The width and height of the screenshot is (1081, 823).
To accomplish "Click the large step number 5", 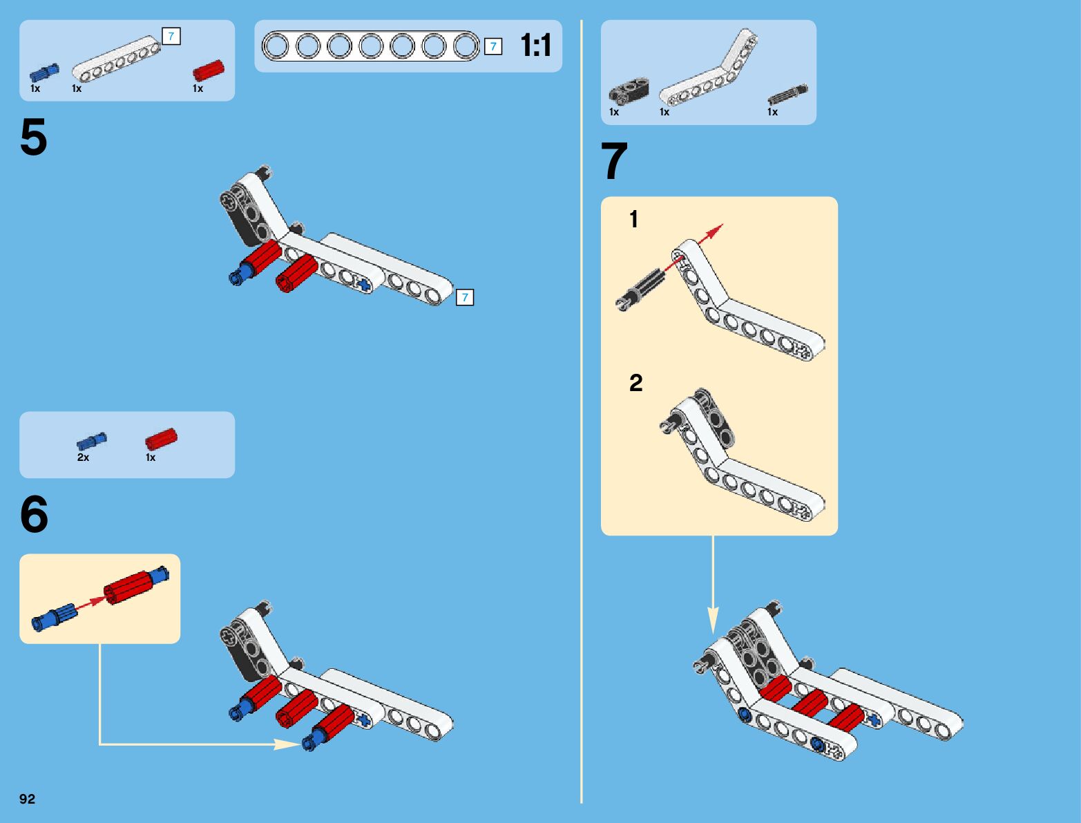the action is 34,138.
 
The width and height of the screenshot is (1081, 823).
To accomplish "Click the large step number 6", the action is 34,515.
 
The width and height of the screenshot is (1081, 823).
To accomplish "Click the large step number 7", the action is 614,161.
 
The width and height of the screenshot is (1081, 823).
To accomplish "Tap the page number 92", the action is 27,799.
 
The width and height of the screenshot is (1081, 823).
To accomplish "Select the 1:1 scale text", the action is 536,46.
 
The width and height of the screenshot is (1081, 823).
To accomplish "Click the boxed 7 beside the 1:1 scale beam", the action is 492,46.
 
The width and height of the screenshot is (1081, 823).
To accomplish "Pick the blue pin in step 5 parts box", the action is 44,73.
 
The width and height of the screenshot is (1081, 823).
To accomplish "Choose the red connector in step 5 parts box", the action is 208,70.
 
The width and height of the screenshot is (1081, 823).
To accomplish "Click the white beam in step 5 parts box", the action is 116,59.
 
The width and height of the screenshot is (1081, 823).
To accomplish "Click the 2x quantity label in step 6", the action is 83,457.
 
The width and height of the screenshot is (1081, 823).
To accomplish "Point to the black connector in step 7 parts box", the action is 629,91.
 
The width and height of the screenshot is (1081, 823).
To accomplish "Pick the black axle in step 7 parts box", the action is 787,95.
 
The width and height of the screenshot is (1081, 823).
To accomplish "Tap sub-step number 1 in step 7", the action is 633,220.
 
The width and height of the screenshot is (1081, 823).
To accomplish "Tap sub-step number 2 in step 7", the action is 635,383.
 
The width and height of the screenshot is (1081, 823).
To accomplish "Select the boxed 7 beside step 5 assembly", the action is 465,298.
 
